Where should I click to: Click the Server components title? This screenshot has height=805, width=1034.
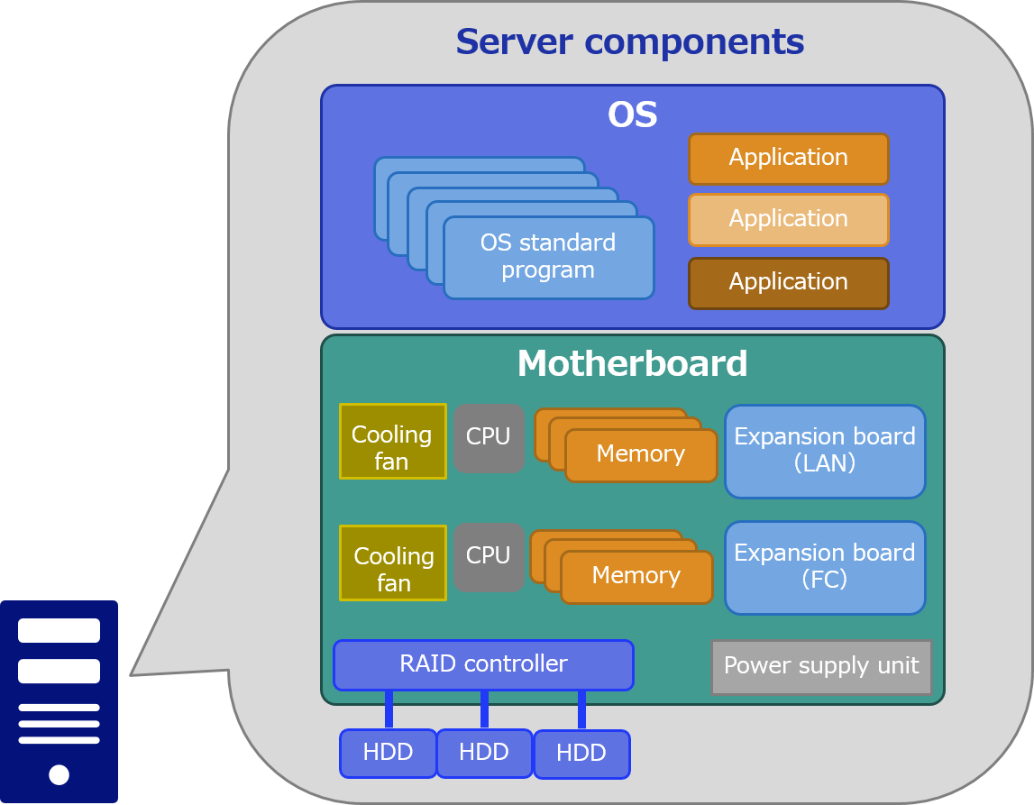(x=629, y=42)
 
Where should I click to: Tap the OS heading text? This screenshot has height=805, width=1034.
(x=632, y=115)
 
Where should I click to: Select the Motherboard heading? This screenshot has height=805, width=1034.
(x=632, y=364)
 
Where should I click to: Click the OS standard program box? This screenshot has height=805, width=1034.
(x=548, y=257)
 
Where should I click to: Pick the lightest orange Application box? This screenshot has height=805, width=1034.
(x=789, y=219)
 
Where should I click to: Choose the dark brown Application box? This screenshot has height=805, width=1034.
(x=789, y=282)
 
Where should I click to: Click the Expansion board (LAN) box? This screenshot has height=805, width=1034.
(x=825, y=451)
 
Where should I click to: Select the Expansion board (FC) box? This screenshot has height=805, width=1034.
(x=825, y=567)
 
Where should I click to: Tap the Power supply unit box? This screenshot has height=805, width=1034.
(x=821, y=666)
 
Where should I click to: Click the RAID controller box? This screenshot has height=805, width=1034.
(x=483, y=664)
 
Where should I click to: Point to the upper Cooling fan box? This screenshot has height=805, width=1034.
(x=392, y=440)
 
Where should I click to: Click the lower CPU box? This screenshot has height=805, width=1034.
(x=489, y=556)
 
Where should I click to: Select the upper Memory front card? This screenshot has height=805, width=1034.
(x=641, y=454)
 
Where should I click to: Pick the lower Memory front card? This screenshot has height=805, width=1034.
(x=636, y=576)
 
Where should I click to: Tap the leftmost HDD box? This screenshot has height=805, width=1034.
(x=388, y=753)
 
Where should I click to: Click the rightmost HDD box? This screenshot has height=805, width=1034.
(x=581, y=754)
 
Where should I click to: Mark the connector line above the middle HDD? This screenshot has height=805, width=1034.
(x=484, y=709)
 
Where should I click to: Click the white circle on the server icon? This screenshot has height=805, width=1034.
(x=59, y=774)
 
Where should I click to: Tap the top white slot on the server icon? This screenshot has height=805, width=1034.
(x=59, y=630)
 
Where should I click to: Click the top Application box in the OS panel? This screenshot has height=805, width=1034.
(x=789, y=158)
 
